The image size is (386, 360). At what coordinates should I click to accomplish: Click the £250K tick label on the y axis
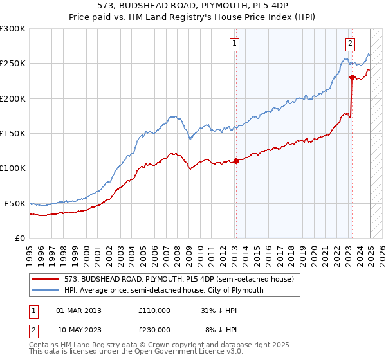13,64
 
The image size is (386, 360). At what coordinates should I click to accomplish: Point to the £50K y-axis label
15,203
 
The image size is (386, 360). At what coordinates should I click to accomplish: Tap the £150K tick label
13,133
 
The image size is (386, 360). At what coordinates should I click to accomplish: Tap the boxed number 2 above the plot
350,44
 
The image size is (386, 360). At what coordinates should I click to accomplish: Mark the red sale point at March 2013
236,161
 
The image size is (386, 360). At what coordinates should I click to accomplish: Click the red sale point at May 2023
352,77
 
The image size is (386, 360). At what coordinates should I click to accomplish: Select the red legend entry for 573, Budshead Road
179,279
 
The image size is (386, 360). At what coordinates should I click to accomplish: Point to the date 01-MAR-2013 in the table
79,310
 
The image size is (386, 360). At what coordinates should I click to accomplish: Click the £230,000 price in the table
154,329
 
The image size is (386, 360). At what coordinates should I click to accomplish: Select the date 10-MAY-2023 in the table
79,329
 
